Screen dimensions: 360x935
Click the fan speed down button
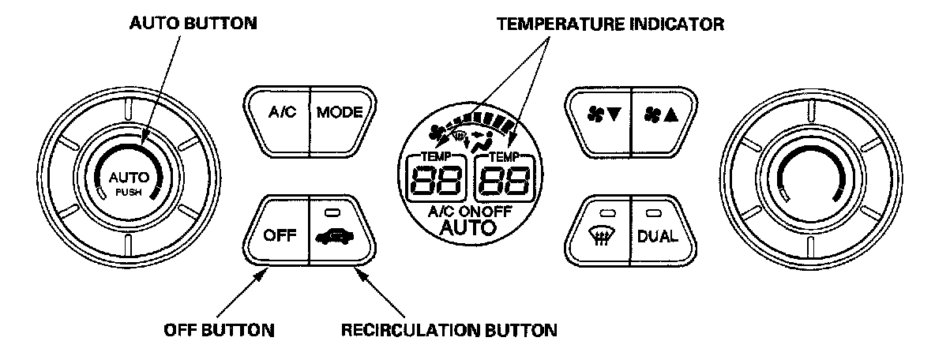pyautogui.click(x=597, y=113)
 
